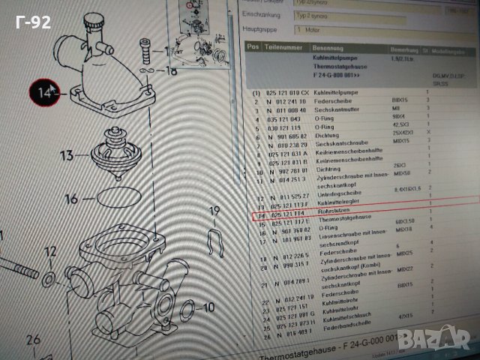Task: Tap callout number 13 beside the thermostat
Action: (67, 155)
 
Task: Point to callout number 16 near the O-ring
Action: (70, 199)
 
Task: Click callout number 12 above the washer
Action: (49, 251)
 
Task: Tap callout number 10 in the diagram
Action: (208, 307)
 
